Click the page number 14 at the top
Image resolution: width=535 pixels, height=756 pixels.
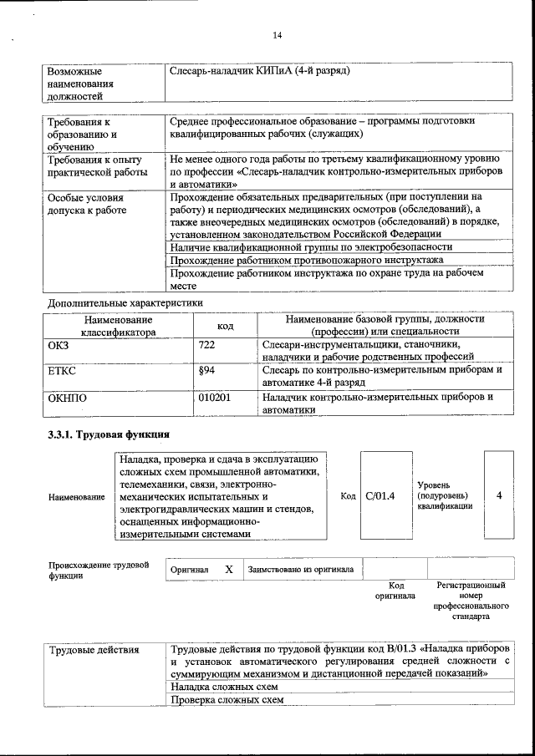click(x=278, y=34)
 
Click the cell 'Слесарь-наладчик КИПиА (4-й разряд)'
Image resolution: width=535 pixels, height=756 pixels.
click(x=259, y=70)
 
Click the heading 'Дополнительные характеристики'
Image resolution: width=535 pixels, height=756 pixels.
click(x=125, y=302)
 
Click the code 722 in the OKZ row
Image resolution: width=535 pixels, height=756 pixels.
click(x=207, y=344)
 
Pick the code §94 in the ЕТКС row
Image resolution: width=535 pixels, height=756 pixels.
click(x=208, y=370)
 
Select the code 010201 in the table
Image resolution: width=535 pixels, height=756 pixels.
click(x=215, y=398)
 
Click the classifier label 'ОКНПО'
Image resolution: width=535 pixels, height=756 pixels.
click(x=68, y=398)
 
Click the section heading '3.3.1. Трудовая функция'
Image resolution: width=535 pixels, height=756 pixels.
click(x=109, y=434)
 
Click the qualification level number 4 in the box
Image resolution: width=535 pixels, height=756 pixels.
click(x=499, y=496)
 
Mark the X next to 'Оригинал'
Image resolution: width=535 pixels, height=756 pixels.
click(x=228, y=569)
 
